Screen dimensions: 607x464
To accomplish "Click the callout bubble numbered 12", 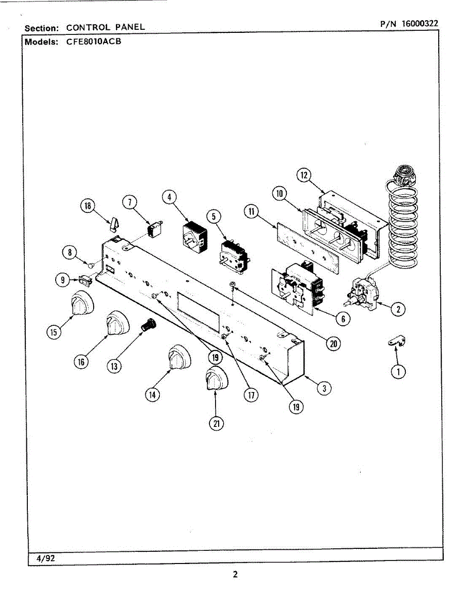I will pos(303,176).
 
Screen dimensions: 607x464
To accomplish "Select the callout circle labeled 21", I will pos(216,424).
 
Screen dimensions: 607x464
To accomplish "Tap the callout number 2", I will pos(399,308).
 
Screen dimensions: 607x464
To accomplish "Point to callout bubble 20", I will pos(333,344).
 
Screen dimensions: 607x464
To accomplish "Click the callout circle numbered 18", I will pos(88,205).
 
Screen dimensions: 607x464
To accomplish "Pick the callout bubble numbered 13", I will pos(115,366).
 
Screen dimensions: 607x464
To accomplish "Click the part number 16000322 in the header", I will pos(419,23).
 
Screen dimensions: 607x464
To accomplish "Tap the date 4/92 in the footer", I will pos(45,558).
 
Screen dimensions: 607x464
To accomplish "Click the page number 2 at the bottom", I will pos(235,575).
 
